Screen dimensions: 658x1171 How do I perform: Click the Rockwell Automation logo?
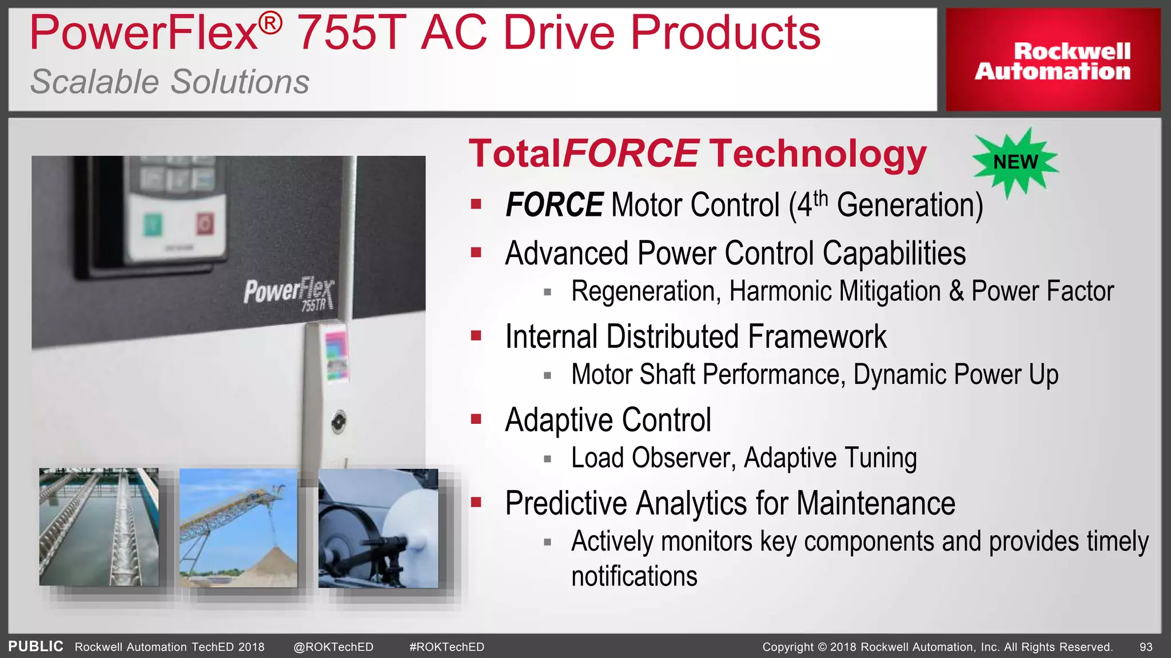(x=1053, y=61)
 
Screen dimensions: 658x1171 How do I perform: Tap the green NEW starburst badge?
(x=1015, y=162)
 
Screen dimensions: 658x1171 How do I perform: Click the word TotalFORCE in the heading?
(x=583, y=154)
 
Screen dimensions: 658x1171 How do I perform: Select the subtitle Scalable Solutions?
(x=170, y=82)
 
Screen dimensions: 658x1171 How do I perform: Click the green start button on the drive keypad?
(x=153, y=224)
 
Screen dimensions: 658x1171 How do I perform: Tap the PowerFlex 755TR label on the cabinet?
(x=289, y=293)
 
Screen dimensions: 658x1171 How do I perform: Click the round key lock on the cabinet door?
(x=338, y=422)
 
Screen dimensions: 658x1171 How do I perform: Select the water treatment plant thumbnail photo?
(x=99, y=527)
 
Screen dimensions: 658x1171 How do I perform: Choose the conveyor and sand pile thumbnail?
(x=238, y=527)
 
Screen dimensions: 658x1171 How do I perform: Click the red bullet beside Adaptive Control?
(x=476, y=419)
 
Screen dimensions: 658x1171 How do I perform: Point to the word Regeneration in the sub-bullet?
(x=643, y=291)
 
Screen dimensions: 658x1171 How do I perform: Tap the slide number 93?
(x=1146, y=647)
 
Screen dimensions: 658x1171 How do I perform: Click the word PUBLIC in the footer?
(x=35, y=647)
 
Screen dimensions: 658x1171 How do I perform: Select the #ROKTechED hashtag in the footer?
(x=447, y=647)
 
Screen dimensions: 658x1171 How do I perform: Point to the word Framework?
(x=817, y=336)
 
